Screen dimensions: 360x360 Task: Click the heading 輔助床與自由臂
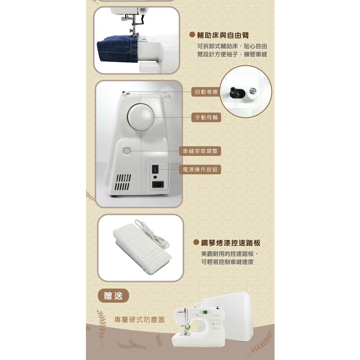[x=223, y=36]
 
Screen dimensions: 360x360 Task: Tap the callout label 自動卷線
[x=206, y=92]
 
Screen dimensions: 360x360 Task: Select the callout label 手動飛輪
[x=206, y=117]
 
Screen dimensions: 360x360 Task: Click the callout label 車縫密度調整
[x=200, y=151]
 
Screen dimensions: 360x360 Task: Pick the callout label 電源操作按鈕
[x=200, y=169]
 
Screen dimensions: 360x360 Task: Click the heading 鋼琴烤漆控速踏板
[x=230, y=243]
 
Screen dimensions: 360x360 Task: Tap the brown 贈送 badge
[x=113, y=296]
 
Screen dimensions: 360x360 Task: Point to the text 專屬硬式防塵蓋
[x=140, y=320]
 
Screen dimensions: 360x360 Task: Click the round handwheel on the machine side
[x=141, y=117]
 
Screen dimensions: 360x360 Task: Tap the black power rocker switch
[x=155, y=169]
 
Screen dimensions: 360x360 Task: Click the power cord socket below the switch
[x=158, y=184]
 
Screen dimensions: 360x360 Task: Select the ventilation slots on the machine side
[x=123, y=182]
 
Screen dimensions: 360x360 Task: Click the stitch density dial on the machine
[x=127, y=151]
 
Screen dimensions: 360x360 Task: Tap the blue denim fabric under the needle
[x=118, y=50]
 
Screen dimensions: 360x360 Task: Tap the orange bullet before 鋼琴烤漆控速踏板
[x=196, y=242]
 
